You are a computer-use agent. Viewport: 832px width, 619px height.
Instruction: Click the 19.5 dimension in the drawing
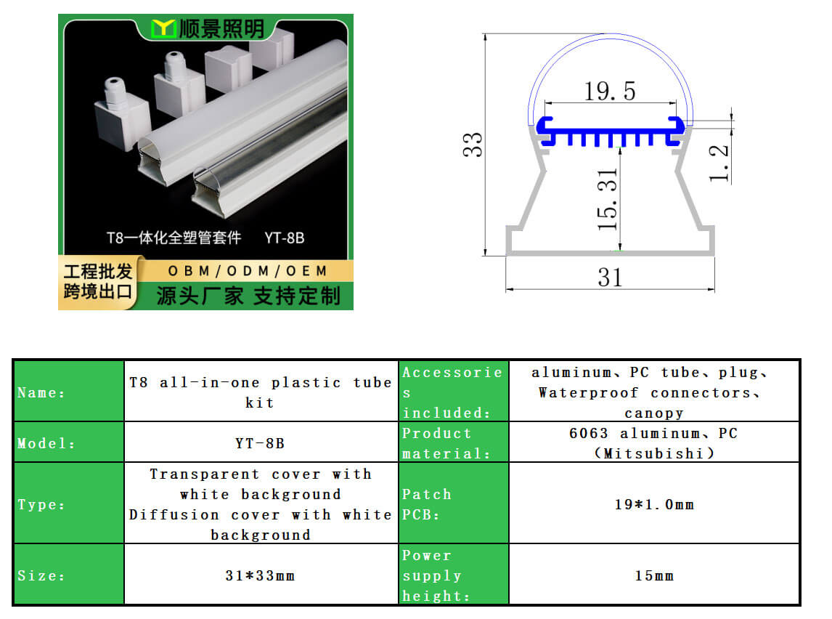click(609, 92)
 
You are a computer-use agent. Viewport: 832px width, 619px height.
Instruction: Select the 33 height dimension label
click(472, 145)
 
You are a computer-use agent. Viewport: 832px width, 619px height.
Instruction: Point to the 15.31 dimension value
click(608, 200)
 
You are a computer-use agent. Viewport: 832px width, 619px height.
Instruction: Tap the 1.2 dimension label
click(719, 163)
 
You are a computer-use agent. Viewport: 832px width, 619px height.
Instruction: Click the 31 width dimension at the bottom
click(610, 277)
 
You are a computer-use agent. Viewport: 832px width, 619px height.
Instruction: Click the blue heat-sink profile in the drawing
click(610, 132)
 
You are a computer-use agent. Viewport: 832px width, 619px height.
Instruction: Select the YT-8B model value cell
click(260, 442)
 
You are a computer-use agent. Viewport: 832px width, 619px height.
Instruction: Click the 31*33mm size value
click(260, 575)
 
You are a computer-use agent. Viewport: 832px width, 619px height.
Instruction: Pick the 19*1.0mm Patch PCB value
click(654, 504)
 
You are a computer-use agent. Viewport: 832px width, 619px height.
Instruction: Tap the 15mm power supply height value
click(654, 575)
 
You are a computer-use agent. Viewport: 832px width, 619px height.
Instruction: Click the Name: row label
click(41, 393)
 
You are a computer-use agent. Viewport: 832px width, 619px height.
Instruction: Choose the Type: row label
click(41, 504)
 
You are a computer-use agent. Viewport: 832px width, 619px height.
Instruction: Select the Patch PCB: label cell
click(454, 503)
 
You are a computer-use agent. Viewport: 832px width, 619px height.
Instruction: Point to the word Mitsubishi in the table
click(653, 454)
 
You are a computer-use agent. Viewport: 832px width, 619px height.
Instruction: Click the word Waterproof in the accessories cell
click(588, 393)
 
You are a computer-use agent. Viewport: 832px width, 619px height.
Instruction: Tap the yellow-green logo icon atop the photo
click(163, 28)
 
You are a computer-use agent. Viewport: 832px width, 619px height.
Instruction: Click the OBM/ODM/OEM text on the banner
click(248, 271)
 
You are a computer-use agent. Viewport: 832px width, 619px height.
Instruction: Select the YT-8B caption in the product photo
click(285, 238)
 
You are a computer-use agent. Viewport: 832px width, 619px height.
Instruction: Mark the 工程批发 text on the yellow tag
click(97, 271)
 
